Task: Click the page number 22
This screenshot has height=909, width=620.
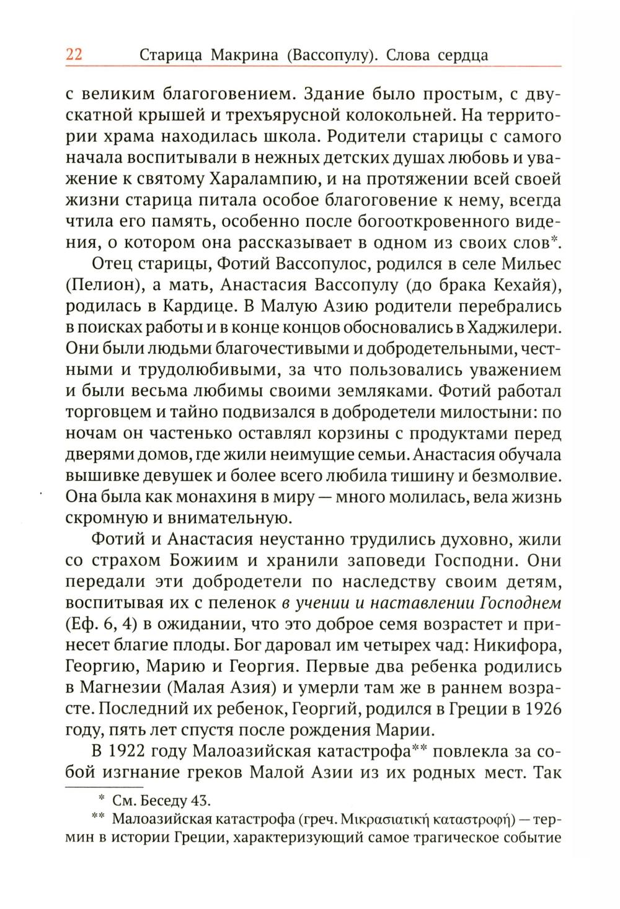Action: click(x=74, y=55)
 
